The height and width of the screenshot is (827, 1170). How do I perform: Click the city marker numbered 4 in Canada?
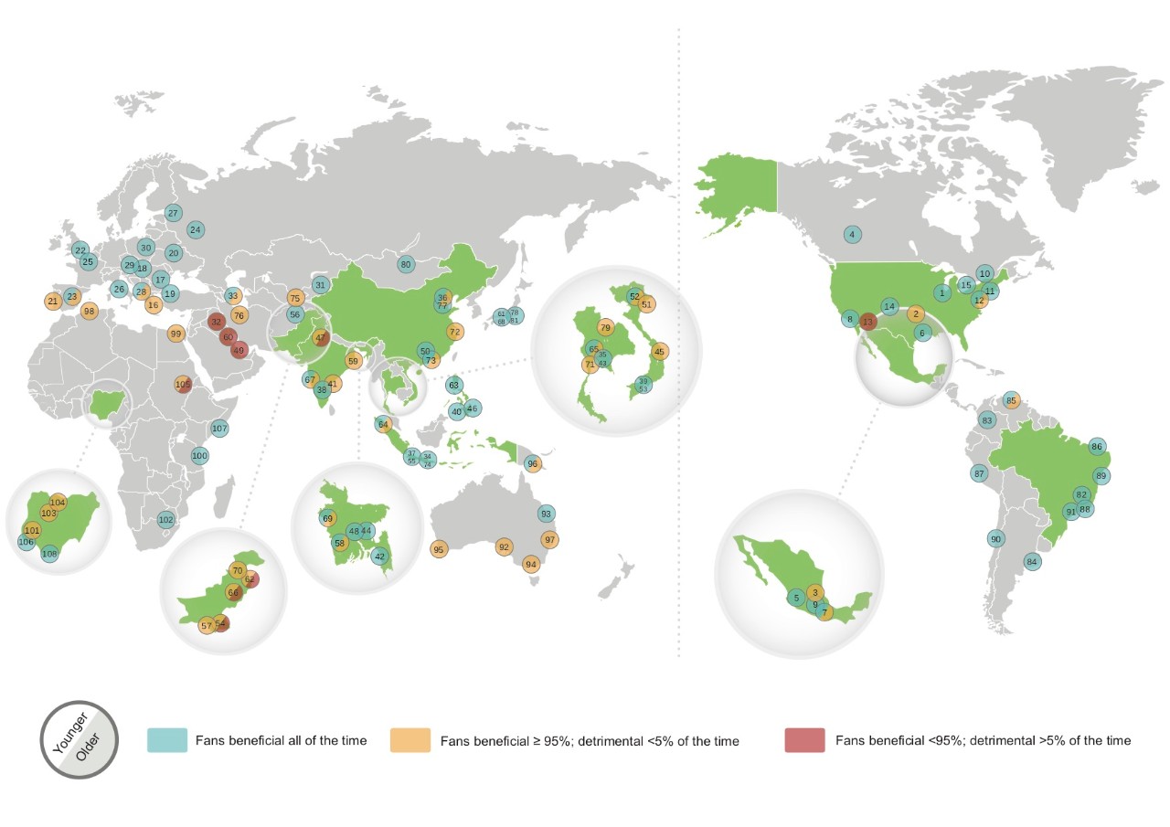click(x=852, y=234)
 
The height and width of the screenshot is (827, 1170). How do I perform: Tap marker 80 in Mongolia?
click(x=406, y=264)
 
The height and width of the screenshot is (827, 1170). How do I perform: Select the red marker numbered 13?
click(x=868, y=321)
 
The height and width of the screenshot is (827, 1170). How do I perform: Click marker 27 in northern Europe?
click(x=173, y=213)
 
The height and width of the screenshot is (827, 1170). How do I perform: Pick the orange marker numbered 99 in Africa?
click(x=175, y=334)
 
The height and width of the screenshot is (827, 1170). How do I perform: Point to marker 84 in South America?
click(x=1032, y=561)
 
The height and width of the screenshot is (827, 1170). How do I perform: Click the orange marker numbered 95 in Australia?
click(x=439, y=549)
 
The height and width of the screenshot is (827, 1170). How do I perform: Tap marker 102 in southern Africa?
click(x=165, y=519)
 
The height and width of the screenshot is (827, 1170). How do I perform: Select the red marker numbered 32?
click(x=217, y=321)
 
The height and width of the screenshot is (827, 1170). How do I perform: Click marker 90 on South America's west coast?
click(x=995, y=538)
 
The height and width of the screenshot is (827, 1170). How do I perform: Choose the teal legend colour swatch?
click(x=167, y=740)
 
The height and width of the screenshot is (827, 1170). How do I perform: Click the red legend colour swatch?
click(x=804, y=740)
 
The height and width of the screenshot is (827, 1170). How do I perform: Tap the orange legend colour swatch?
click(x=409, y=740)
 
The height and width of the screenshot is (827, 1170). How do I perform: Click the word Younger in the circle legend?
click(x=69, y=730)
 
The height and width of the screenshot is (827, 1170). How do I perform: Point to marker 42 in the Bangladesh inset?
click(x=380, y=556)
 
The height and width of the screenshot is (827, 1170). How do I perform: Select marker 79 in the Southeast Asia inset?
click(x=605, y=327)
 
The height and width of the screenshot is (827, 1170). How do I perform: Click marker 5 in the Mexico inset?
click(x=797, y=598)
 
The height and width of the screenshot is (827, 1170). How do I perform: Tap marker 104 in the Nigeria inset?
click(x=58, y=502)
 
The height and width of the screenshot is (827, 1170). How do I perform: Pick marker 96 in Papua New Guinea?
click(x=533, y=463)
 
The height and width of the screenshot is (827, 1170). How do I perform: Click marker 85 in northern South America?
click(x=1010, y=400)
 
